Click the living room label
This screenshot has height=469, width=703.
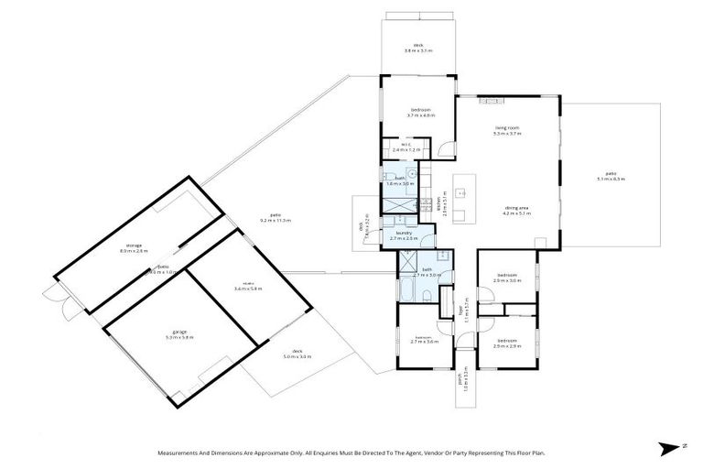[x=507, y=131]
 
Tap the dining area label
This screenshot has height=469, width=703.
[x=517, y=209]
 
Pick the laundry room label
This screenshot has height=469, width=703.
[x=406, y=235]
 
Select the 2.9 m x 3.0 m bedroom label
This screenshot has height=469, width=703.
[x=507, y=278]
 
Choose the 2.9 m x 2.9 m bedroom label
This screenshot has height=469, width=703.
[x=507, y=343]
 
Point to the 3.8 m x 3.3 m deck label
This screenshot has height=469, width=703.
[x=418, y=48]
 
